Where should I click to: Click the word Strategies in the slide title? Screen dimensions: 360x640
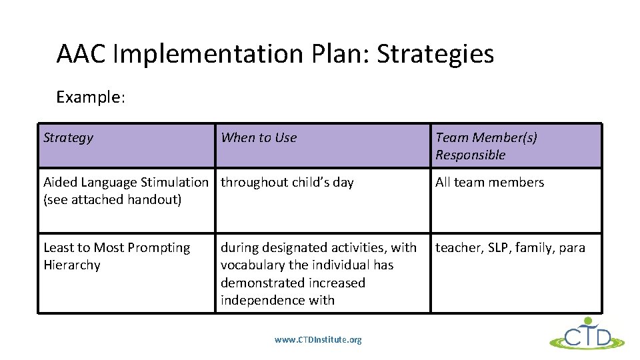[435, 54]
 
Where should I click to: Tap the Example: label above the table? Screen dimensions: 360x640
[91, 97]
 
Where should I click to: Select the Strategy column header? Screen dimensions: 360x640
[68, 138]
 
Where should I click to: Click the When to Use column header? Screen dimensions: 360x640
[259, 138]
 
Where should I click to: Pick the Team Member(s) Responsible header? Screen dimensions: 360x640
[486, 146]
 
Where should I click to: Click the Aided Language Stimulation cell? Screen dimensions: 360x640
[125, 183]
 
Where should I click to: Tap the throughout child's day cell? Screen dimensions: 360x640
[287, 183]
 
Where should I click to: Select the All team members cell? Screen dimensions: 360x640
[489, 183]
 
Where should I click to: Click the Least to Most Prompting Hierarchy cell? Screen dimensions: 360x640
[117, 256]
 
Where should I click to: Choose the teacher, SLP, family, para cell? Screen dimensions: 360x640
[510, 248]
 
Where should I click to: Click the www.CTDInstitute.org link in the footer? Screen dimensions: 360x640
[318, 340]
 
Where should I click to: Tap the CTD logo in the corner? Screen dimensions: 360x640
[587, 335]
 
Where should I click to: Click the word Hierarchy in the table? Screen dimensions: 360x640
[72, 265]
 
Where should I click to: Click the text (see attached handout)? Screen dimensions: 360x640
[112, 200]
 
